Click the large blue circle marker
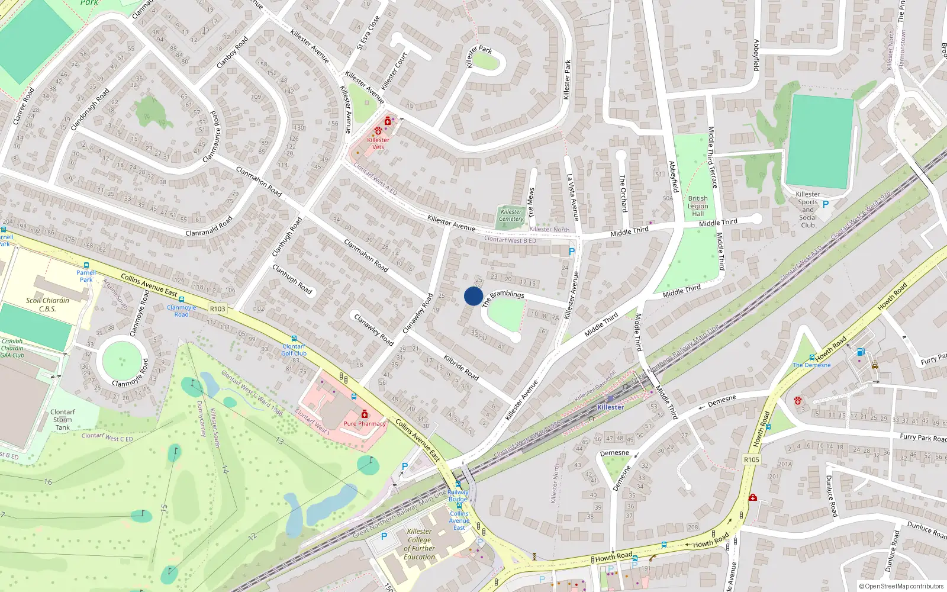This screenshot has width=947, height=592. point(474,296)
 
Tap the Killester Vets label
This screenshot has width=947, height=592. point(378,143)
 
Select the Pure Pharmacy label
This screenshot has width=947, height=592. point(365,423)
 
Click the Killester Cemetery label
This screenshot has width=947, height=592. point(511,215)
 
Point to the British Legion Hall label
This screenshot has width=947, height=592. point(698,206)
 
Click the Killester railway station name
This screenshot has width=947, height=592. point(610,407)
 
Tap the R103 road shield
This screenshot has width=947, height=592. point(218,308)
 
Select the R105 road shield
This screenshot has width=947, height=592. point(751,459)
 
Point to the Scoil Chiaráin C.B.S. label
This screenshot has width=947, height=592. point(47,304)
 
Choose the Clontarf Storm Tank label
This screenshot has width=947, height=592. point(62,419)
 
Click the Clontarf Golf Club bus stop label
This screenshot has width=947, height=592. point(294,350)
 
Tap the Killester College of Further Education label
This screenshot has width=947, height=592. point(420,544)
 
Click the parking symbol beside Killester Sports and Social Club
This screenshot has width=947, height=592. point(826,204)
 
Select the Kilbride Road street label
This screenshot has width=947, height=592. point(461,366)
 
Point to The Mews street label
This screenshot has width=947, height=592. point(531,203)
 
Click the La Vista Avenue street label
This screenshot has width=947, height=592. point(572,197)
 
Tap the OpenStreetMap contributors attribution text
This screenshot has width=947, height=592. point(901,586)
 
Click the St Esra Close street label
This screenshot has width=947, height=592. point(368,33)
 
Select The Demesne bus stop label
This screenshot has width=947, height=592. point(811,365)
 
